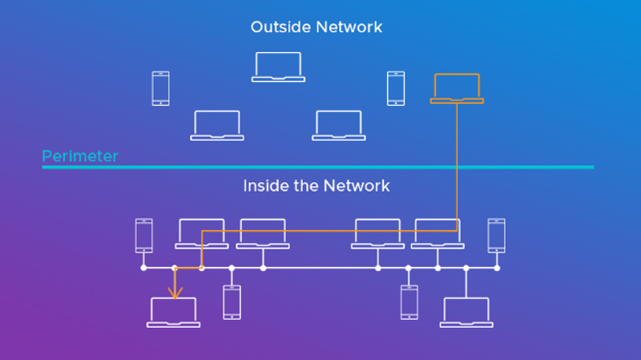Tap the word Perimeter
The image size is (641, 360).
point(80,156)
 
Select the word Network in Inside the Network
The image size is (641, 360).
point(356,186)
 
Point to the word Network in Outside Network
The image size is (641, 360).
point(349,27)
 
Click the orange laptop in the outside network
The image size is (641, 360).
point(457,88)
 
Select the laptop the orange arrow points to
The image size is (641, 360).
point(173,312)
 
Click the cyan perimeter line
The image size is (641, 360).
point(320,167)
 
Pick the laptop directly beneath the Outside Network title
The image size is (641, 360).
point(278,67)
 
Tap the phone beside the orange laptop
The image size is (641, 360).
point(396,88)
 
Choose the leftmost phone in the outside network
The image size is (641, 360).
point(161,88)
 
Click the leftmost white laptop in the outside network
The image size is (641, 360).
point(217,125)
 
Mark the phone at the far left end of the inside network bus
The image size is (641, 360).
point(143,235)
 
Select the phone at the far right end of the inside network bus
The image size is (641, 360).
point(497,235)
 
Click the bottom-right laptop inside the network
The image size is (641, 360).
point(466,312)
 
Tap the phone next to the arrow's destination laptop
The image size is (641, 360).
point(232,301)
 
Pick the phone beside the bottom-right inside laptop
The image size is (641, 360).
point(409,301)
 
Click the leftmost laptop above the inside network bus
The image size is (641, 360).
point(202,233)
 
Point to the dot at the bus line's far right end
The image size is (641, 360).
point(497,268)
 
